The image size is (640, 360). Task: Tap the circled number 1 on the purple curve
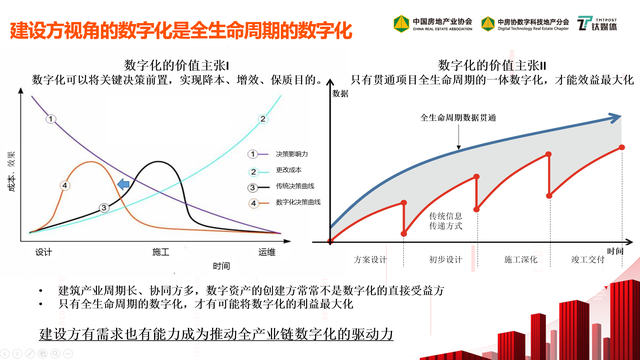(49, 120)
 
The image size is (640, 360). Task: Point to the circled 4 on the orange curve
(64, 185)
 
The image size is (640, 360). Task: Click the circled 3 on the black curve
(103, 207)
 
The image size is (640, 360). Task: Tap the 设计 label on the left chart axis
(43, 251)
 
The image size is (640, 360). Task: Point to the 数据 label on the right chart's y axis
(339, 93)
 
